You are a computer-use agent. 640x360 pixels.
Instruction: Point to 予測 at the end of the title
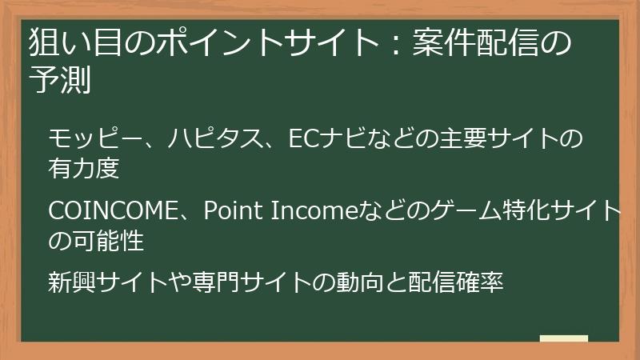61,81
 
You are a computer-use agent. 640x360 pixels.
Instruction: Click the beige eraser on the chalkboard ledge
563,338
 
